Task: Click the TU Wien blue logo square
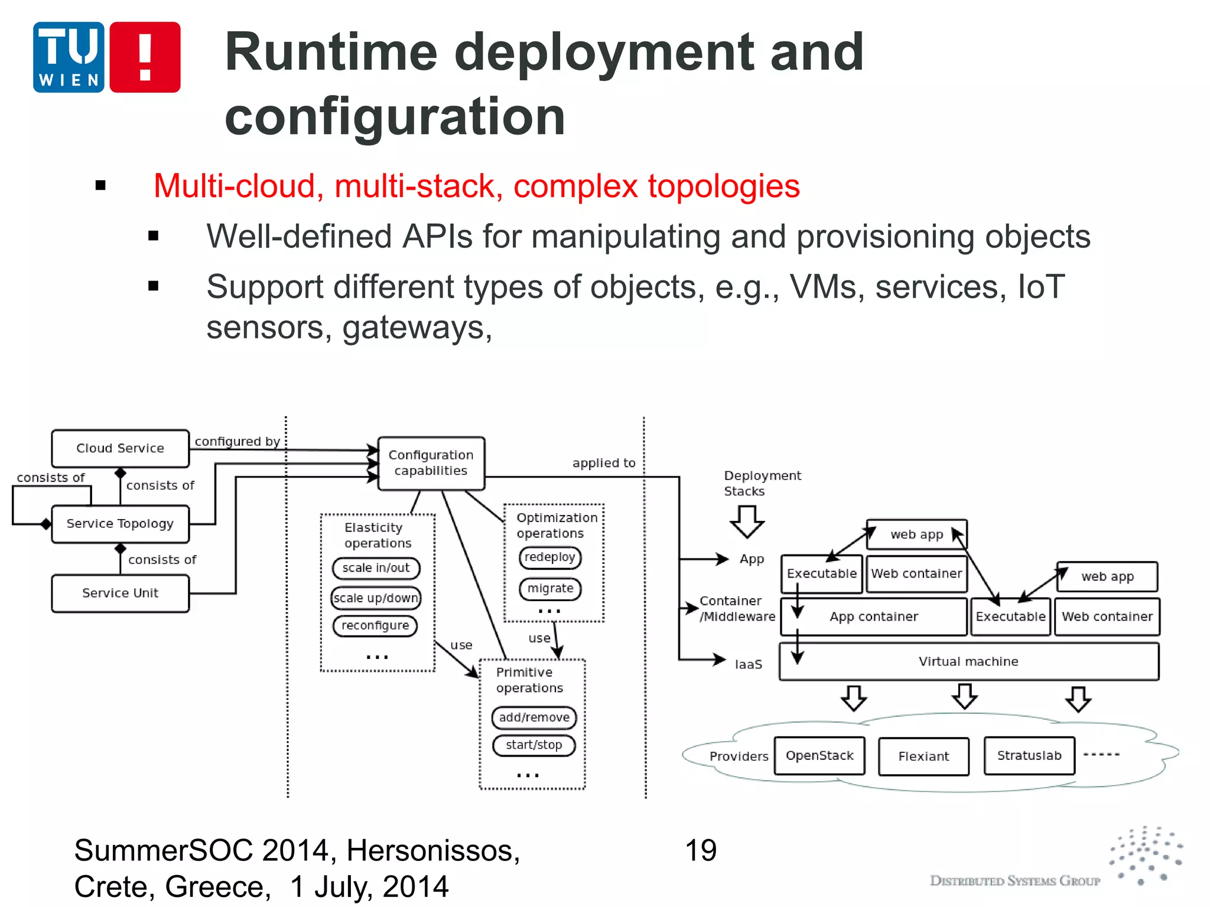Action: tap(69, 57)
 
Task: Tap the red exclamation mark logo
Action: tap(145, 57)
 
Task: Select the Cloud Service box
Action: tap(120, 448)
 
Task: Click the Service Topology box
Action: tap(120, 524)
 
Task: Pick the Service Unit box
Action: tap(120, 593)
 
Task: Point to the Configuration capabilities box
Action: tap(431, 463)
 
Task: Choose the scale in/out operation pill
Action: tap(376, 568)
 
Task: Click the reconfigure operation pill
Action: tap(375, 625)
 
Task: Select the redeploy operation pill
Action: tap(550, 557)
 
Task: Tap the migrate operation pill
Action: tap(550, 589)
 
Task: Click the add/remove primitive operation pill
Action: tap(534, 717)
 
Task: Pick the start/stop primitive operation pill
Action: tap(534, 745)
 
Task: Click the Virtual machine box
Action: tap(969, 661)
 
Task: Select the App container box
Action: tap(874, 616)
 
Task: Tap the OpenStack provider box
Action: tap(819, 756)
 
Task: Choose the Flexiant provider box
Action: tap(923, 756)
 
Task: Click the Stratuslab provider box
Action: tap(1029, 756)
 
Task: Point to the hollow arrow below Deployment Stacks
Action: tap(747, 521)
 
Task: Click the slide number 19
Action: tap(701, 851)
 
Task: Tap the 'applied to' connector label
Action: tap(604, 464)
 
